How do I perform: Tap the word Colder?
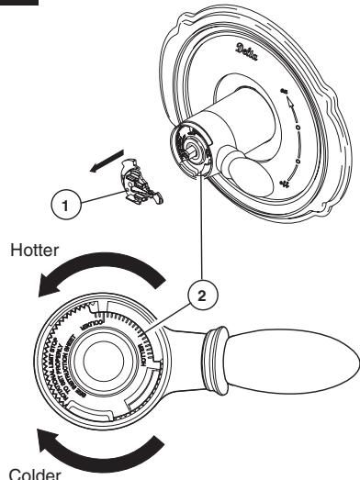coord(28,473)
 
